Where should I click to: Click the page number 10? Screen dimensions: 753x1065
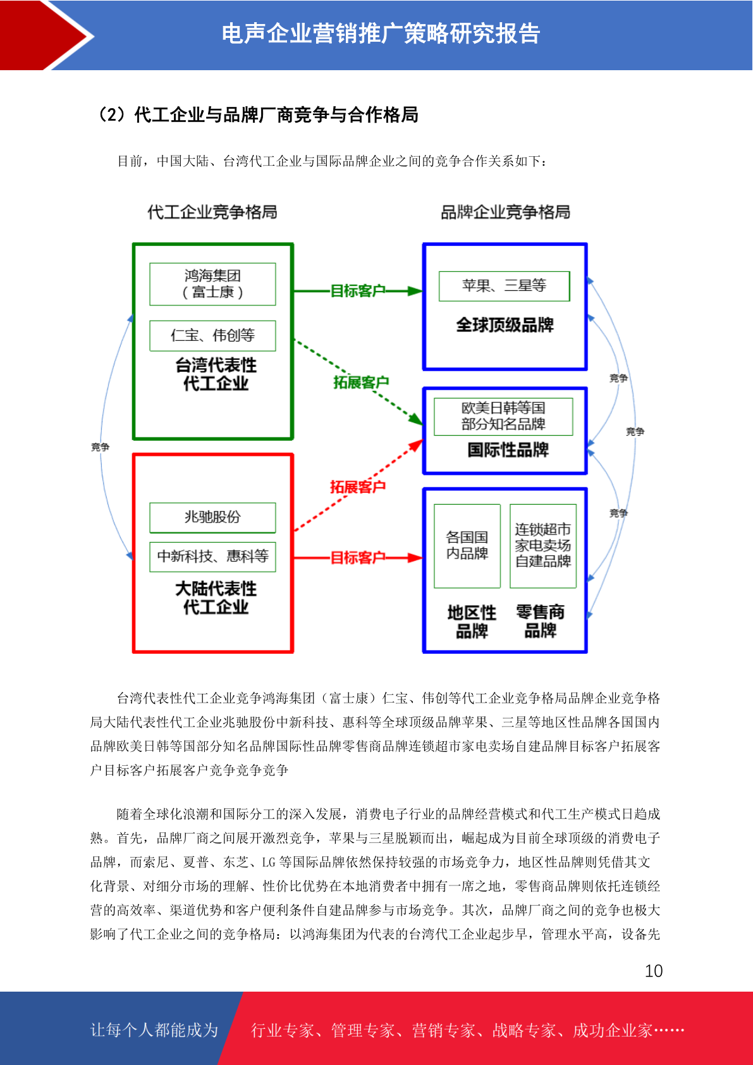653,971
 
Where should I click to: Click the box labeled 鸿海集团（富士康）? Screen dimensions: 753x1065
212,284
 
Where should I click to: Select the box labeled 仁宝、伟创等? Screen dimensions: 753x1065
212,336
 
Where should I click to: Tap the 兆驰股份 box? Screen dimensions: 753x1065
212,517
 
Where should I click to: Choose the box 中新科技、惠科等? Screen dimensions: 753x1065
212,557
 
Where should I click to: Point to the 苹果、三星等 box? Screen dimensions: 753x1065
504,286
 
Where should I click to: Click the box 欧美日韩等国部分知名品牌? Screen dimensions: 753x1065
503,417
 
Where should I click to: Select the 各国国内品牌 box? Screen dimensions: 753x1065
467,546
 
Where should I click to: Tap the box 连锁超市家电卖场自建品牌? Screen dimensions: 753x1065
543,546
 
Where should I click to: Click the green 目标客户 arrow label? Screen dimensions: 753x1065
357,290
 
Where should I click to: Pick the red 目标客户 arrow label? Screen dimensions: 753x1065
357,557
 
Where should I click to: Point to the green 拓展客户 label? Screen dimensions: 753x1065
361,382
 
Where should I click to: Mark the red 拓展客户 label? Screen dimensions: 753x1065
357,486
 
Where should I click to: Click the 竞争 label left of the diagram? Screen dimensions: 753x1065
101,447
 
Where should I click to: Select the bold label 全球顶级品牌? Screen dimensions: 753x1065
505,325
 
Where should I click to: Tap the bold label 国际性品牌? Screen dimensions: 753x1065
508,450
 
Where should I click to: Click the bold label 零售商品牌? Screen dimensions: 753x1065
541,621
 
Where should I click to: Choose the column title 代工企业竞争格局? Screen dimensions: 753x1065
212,212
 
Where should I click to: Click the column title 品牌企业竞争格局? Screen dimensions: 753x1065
505,212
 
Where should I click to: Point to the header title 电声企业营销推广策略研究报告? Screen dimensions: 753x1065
381,34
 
